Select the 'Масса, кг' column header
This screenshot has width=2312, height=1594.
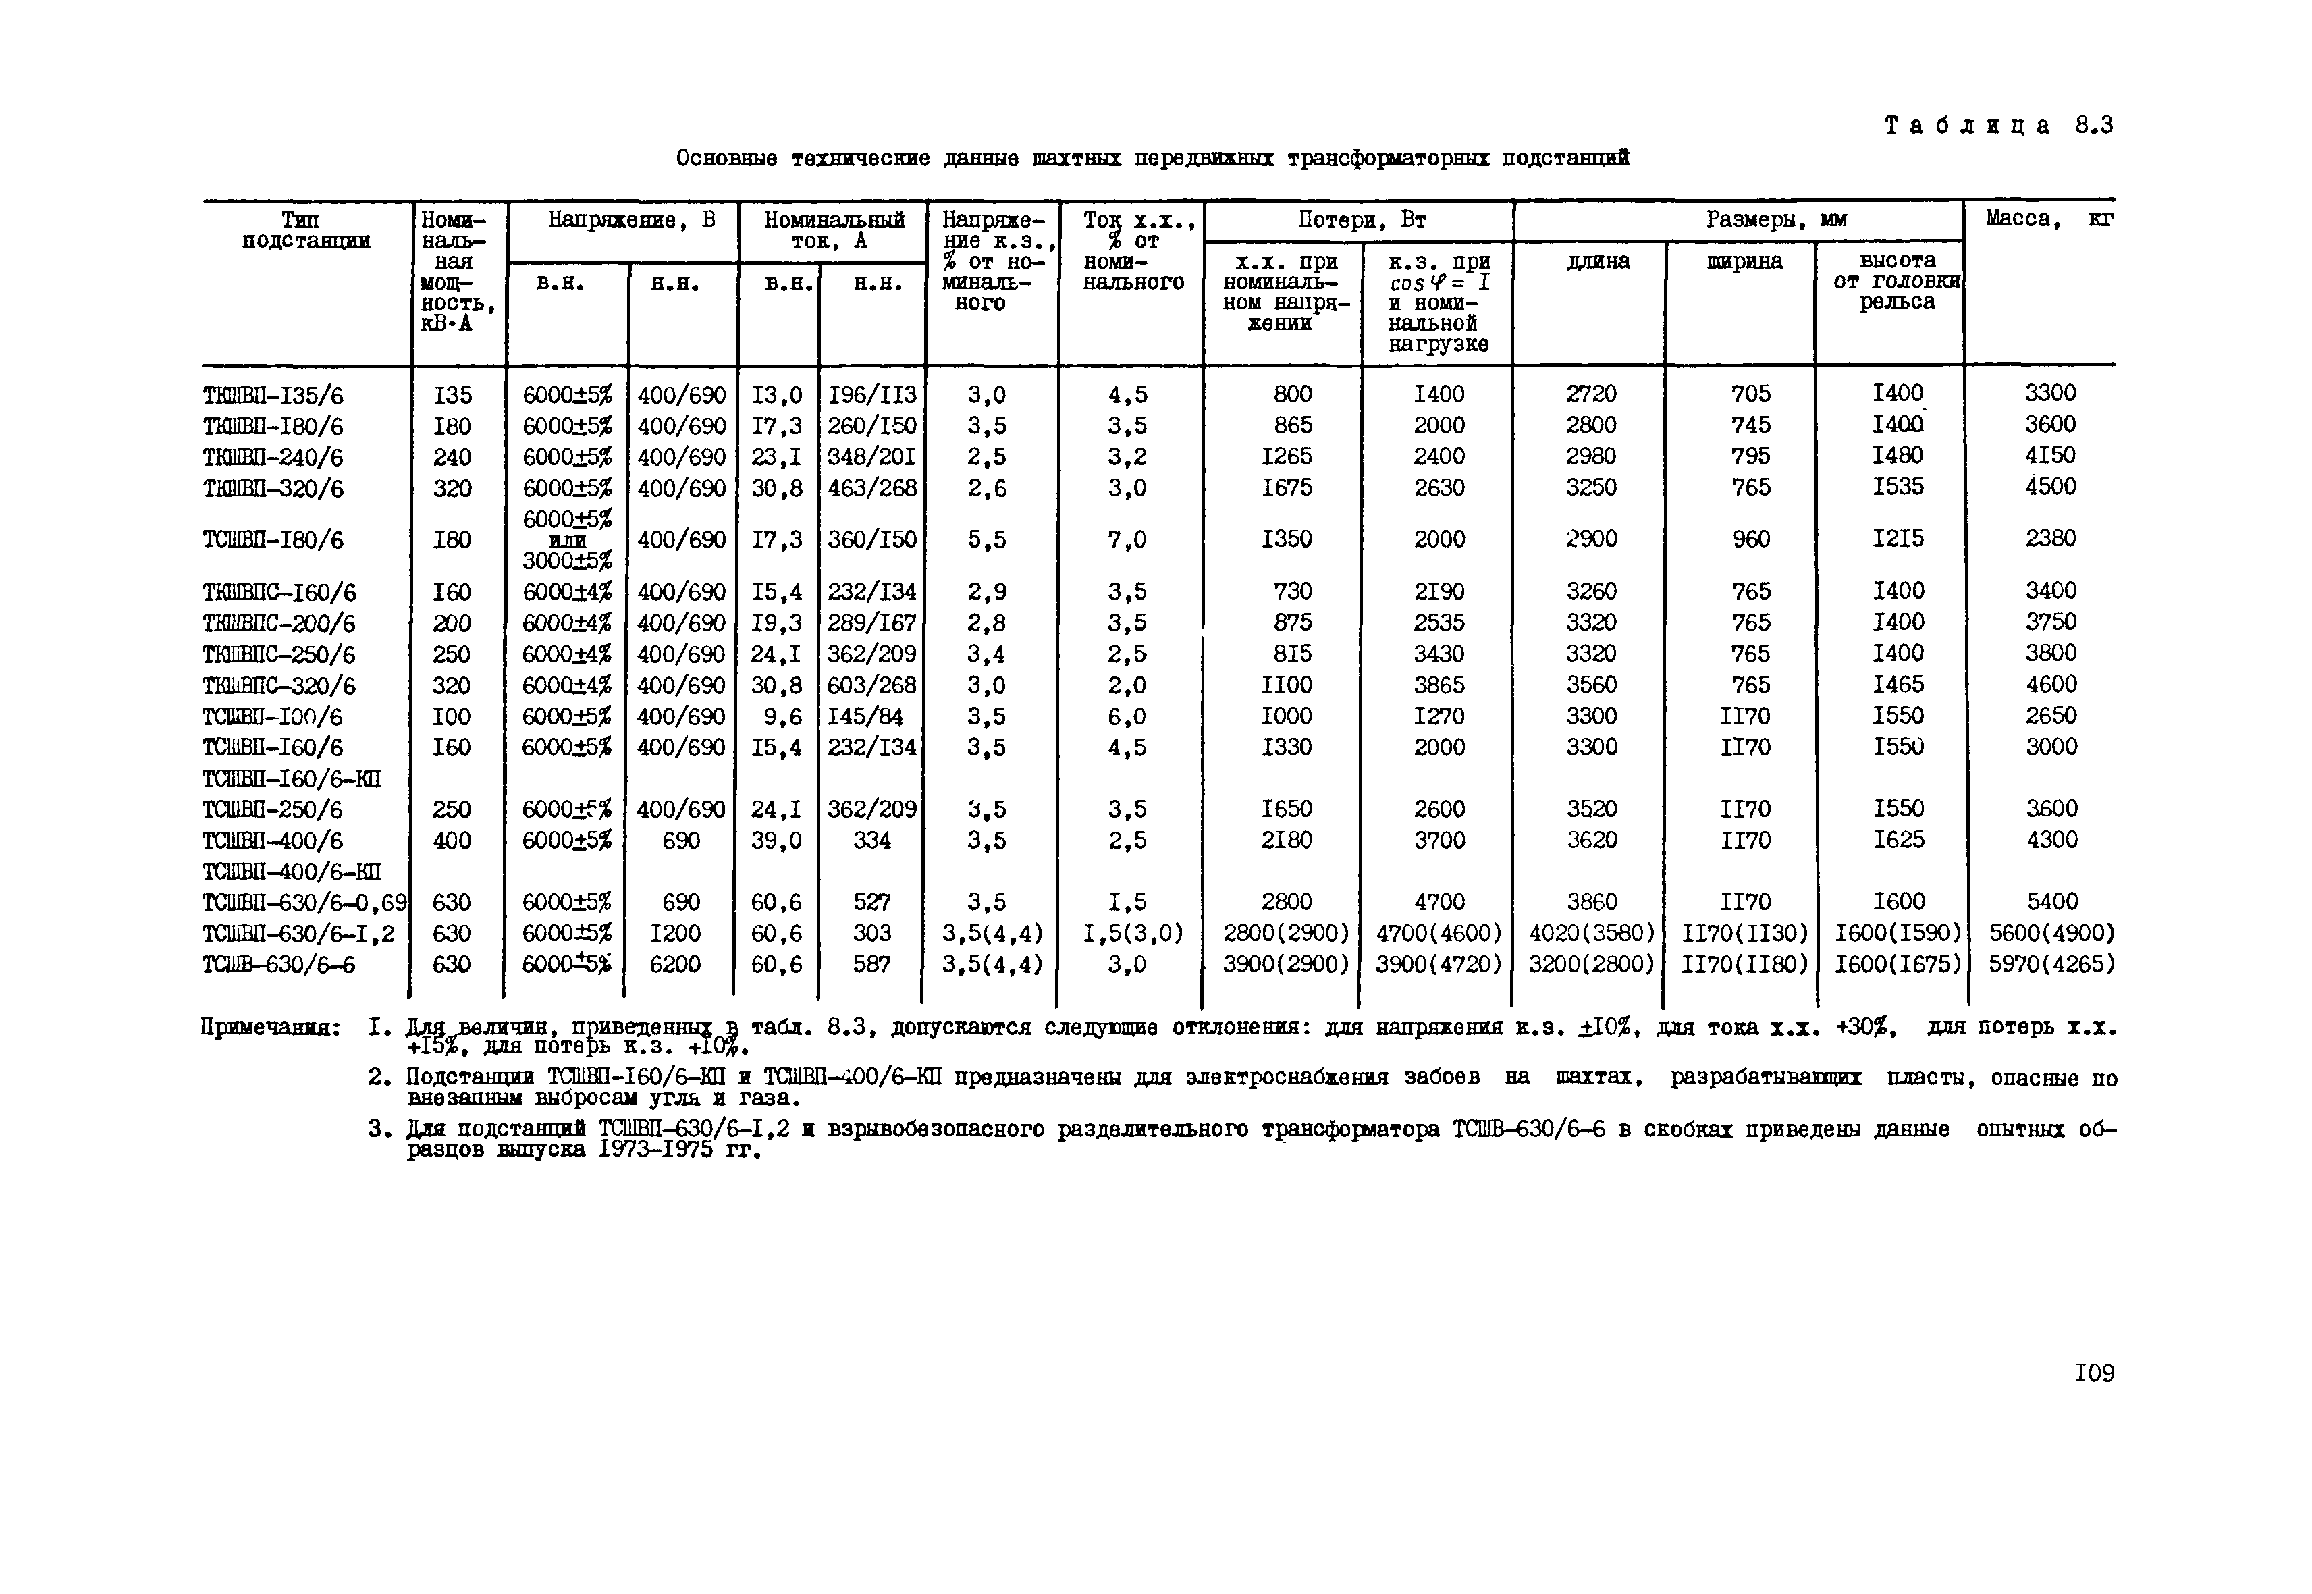coord(2048,219)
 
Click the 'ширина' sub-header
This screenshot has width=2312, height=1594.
coord(1744,262)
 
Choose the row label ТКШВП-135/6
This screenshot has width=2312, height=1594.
coord(273,396)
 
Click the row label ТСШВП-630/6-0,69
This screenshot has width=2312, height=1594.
coord(304,903)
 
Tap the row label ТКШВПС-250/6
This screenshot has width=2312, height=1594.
coord(279,654)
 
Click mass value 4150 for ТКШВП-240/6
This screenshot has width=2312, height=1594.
coord(2050,456)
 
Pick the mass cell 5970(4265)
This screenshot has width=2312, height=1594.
coord(2050,965)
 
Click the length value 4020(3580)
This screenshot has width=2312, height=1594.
coord(1591,934)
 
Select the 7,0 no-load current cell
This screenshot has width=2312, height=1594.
coord(1127,539)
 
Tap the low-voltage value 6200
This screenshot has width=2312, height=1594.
coord(680,965)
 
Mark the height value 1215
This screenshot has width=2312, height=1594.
coord(1897,539)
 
